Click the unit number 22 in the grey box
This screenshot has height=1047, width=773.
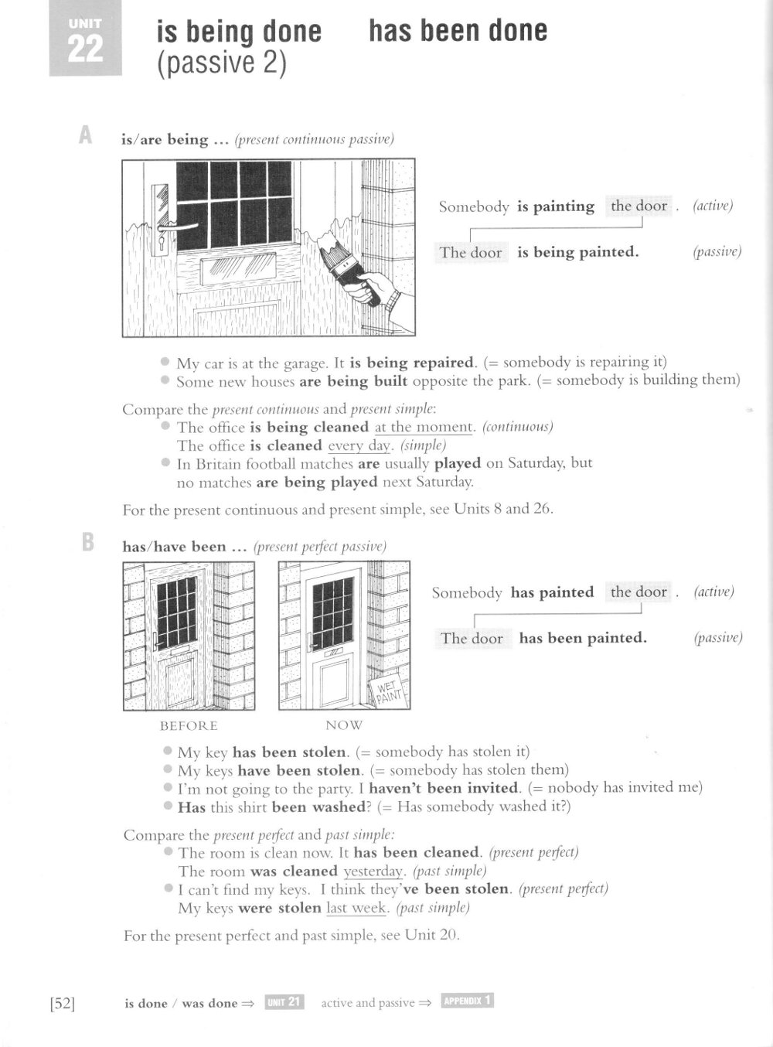pos(85,49)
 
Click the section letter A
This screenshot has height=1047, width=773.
pos(86,136)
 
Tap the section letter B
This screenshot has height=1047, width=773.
pos(87,543)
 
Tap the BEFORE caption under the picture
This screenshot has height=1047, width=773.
pos(189,726)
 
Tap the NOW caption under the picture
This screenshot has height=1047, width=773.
pos(344,725)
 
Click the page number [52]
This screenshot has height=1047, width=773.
pos(62,1004)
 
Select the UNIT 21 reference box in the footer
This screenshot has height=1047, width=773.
pos(284,1002)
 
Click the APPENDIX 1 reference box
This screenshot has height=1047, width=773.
pos(467,1001)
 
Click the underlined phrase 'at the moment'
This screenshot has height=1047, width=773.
pos(423,428)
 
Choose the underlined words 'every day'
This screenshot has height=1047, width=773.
pos(360,446)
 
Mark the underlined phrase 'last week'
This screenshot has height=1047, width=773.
pos(357,908)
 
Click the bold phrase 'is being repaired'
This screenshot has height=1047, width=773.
pos(413,363)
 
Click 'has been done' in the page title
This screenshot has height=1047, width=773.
pos(458,31)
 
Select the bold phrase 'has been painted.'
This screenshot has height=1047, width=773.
pos(583,638)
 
